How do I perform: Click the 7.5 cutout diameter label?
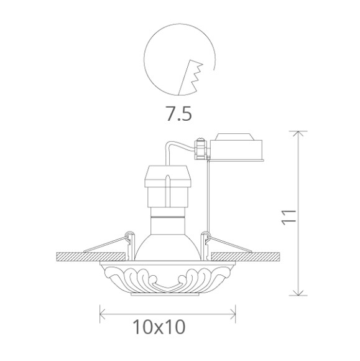click(x=178, y=113)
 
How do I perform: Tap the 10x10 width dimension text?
click(x=159, y=327)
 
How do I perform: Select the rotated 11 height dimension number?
click(x=288, y=217)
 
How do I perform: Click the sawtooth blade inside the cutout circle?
click(x=190, y=78)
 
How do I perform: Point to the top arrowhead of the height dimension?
click(x=298, y=134)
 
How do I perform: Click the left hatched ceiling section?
click(x=91, y=256)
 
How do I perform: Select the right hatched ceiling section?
click(x=246, y=256)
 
